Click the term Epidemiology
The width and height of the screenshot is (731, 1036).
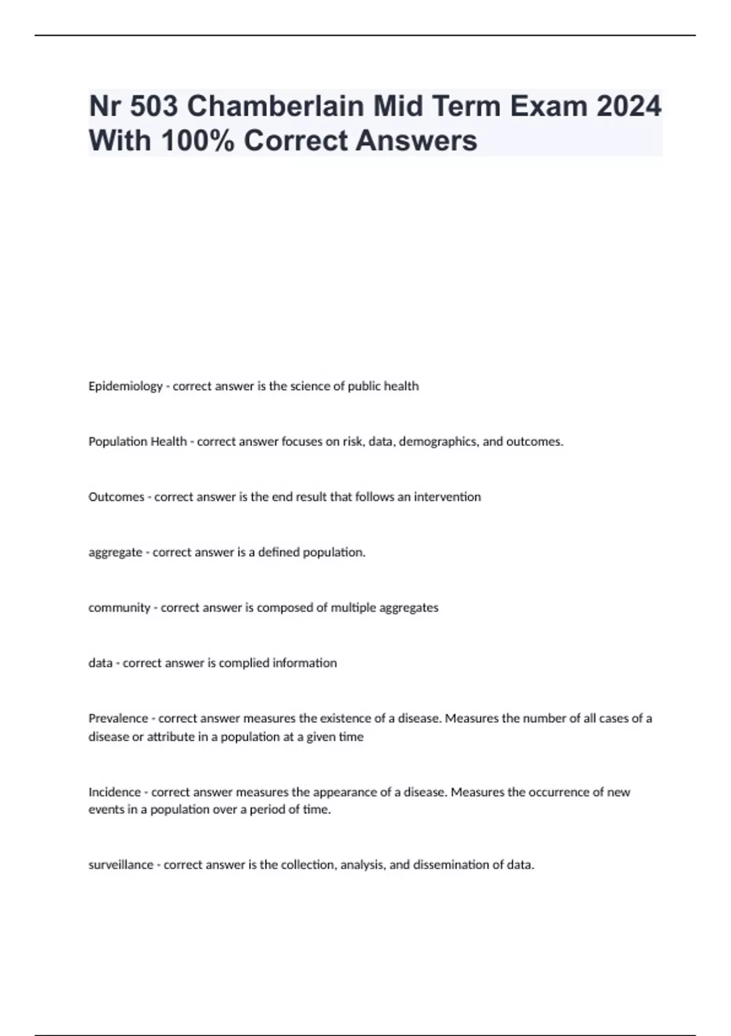point(125,386)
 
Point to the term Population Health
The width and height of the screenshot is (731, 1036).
point(138,442)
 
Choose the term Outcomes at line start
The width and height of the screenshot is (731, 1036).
point(116,497)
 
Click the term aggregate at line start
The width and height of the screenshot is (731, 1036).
point(115,553)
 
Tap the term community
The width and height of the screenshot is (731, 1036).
point(119,608)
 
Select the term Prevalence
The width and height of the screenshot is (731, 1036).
point(118,718)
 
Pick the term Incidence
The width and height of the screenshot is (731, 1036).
point(115,792)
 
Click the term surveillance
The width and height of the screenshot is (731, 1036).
point(121,865)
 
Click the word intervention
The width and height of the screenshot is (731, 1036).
point(447,497)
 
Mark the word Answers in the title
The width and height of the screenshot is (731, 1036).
point(416,141)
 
